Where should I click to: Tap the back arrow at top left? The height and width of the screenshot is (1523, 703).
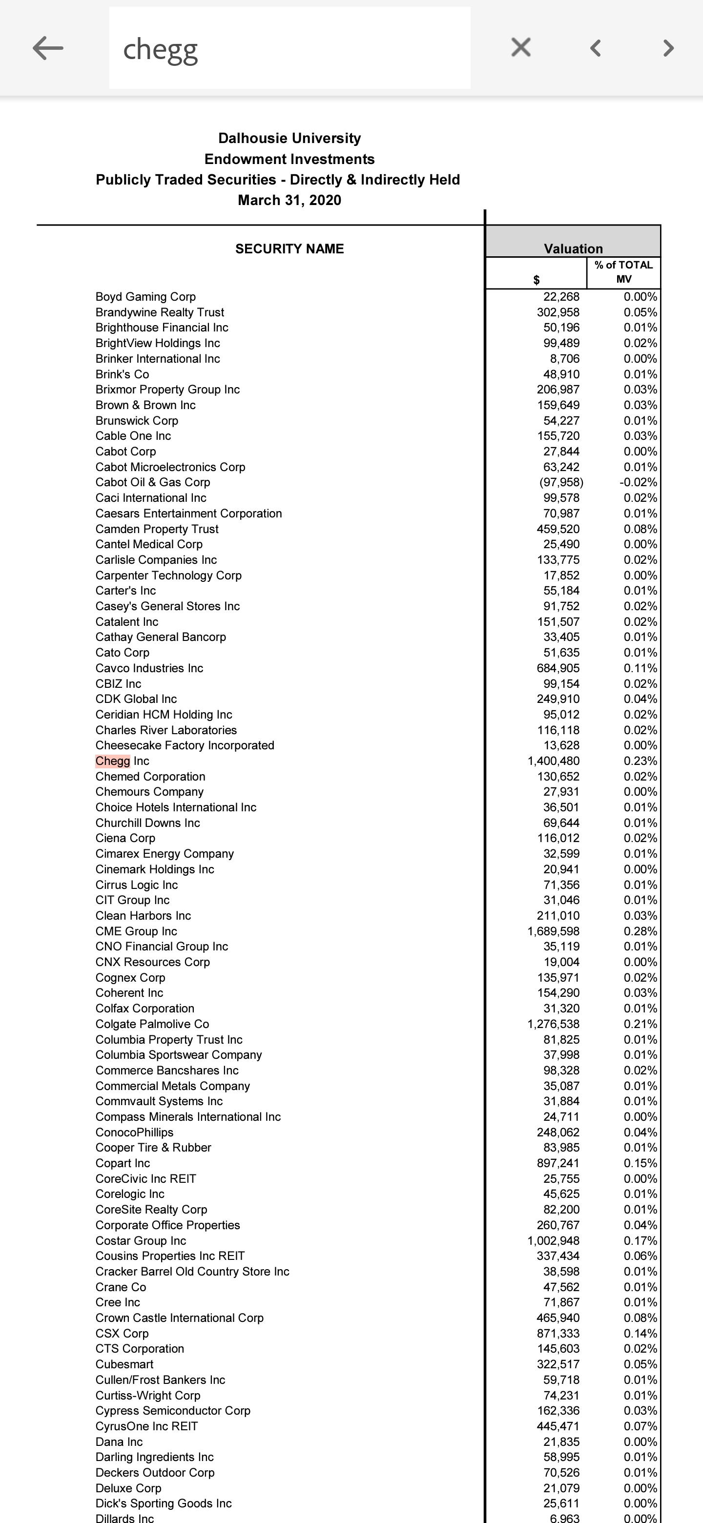[x=48, y=48]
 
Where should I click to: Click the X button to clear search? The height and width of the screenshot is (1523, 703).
[x=520, y=47]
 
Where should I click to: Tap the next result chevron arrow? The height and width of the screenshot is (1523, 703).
[x=668, y=48]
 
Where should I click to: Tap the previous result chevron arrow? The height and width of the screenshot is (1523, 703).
[x=596, y=48]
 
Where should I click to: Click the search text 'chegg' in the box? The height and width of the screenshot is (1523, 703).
[x=160, y=50]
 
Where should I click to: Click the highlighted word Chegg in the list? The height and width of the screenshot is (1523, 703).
[x=112, y=761]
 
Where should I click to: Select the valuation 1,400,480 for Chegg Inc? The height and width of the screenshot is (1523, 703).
[x=554, y=761]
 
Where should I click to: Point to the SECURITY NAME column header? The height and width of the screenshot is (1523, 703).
[x=289, y=249]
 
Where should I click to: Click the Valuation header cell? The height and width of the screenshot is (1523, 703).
[x=573, y=248]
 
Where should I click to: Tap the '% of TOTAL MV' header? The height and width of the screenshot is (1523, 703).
[x=624, y=272]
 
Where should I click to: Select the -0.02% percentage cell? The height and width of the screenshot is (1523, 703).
[x=638, y=482]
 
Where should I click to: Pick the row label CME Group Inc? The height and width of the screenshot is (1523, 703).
[x=136, y=931]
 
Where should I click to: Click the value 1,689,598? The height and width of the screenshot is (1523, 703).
[x=554, y=931]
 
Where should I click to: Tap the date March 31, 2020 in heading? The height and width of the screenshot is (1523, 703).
[x=289, y=201]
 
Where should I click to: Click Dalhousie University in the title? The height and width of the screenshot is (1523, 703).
[x=289, y=138]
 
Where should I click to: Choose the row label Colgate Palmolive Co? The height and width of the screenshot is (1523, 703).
[x=152, y=1024]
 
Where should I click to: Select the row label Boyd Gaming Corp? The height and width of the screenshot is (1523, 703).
[x=145, y=297]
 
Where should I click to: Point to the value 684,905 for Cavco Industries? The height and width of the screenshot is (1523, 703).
[x=558, y=668]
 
